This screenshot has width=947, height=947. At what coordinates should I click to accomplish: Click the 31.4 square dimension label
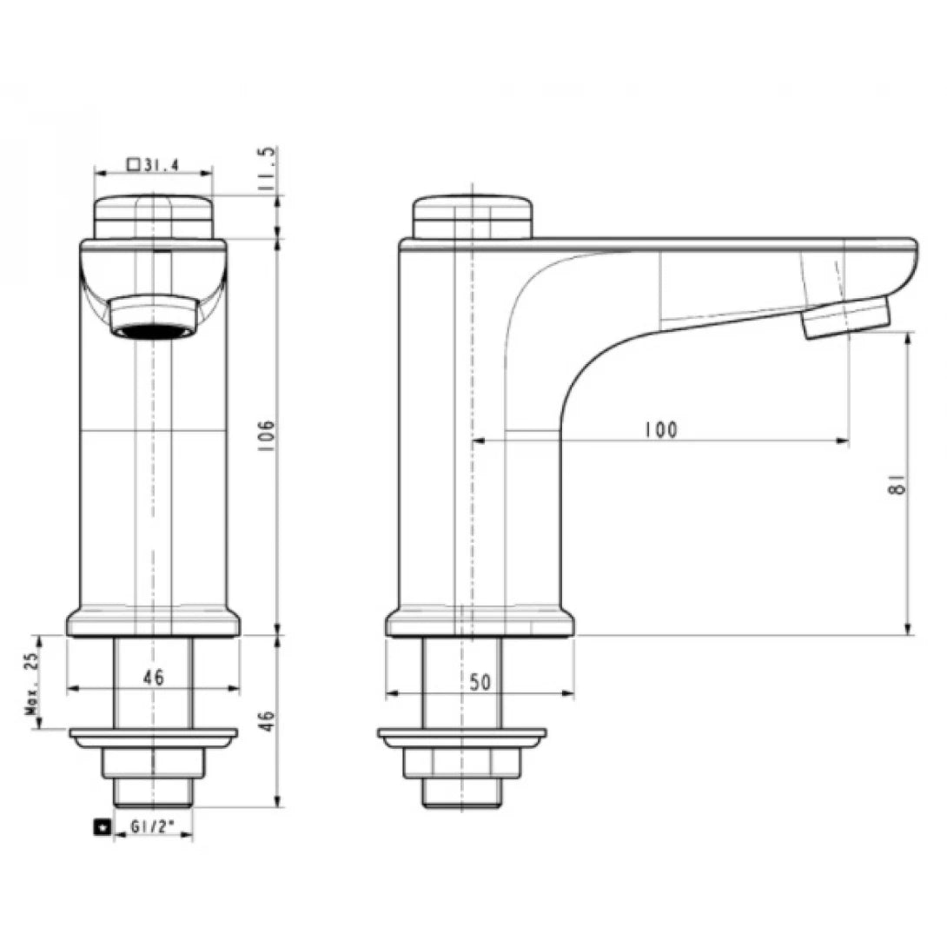(153, 164)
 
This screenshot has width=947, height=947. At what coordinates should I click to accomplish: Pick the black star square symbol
(103, 829)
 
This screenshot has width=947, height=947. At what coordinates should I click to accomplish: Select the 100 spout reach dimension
(660, 429)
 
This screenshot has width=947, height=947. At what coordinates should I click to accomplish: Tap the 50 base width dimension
(480, 683)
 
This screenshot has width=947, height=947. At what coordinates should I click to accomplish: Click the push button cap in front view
(153, 215)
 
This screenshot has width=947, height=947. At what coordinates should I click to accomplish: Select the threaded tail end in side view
(461, 792)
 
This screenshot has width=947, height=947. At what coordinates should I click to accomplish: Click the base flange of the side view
(480, 623)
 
